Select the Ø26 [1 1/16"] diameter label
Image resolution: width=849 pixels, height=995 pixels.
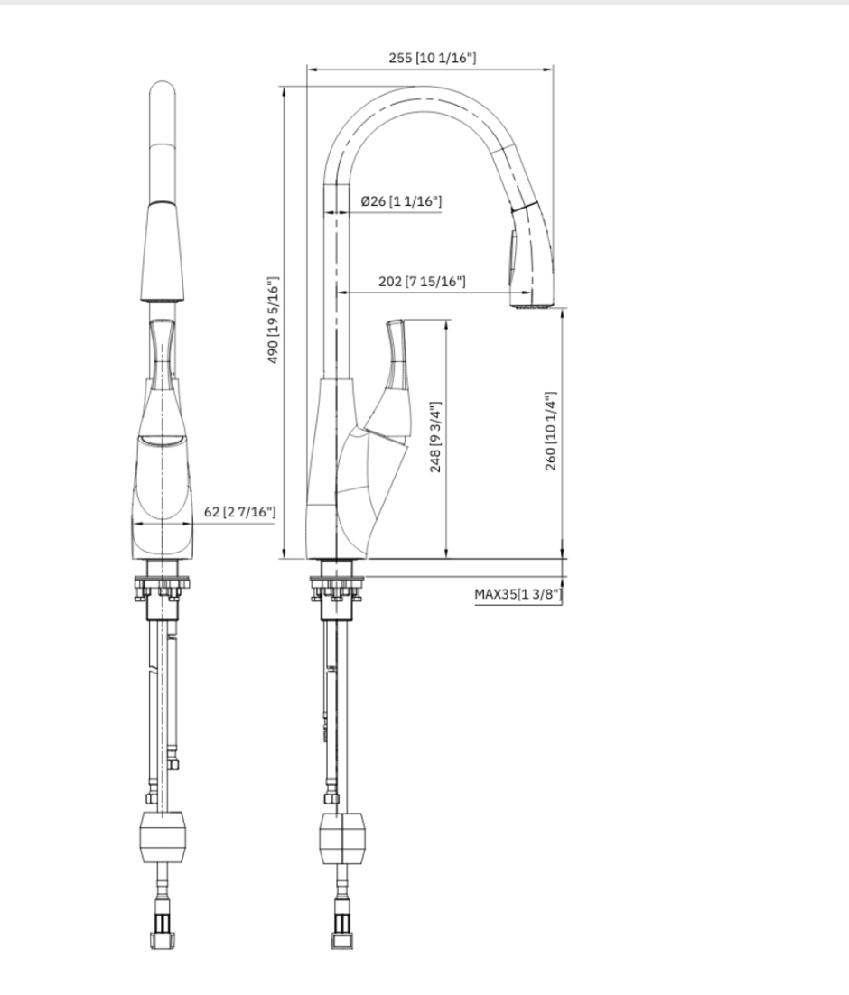(x=401, y=200)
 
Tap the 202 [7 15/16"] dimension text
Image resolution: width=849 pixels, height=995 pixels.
(x=422, y=282)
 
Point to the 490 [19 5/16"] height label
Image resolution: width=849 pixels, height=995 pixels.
(x=274, y=321)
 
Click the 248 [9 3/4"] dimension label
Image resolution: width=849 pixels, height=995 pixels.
(x=435, y=438)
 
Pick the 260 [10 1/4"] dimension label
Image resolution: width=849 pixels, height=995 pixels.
(x=551, y=431)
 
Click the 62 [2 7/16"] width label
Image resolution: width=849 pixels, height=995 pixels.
(x=239, y=512)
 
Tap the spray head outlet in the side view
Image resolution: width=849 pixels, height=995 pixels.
(x=530, y=305)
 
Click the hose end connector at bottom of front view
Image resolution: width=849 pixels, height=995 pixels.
(x=163, y=931)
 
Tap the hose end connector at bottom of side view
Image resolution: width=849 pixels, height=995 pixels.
(x=343, y=931)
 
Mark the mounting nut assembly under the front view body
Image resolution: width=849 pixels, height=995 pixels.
(x=163, y=588)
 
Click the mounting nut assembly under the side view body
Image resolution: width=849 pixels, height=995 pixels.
(x=337, y=588)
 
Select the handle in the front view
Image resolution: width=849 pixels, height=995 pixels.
(x=163, y=352)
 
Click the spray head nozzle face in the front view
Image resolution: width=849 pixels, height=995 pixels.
(x=163, y=296)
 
